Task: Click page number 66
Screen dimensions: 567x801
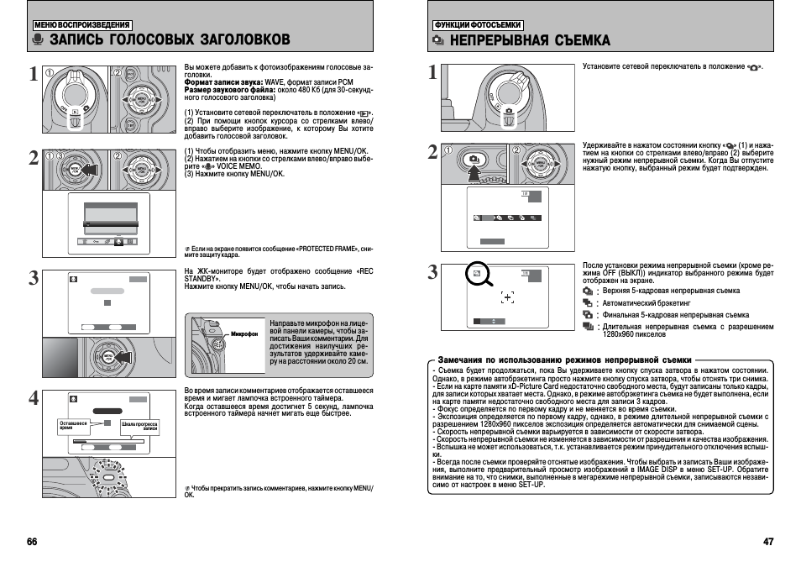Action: click(x=32, y=541)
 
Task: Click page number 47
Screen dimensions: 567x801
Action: click(x=767, y=541)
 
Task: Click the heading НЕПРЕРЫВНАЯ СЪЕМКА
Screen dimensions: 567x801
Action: click(x=530, y=39)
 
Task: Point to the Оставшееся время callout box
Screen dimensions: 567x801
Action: click(x=73, y=426)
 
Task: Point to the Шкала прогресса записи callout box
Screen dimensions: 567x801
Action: click(x=140, y=426)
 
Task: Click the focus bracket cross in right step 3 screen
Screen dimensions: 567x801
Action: click(x=506, y=297)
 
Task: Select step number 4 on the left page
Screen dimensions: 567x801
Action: click(x=33, y=398)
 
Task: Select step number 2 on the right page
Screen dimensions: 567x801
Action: click(x=432, y=152)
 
